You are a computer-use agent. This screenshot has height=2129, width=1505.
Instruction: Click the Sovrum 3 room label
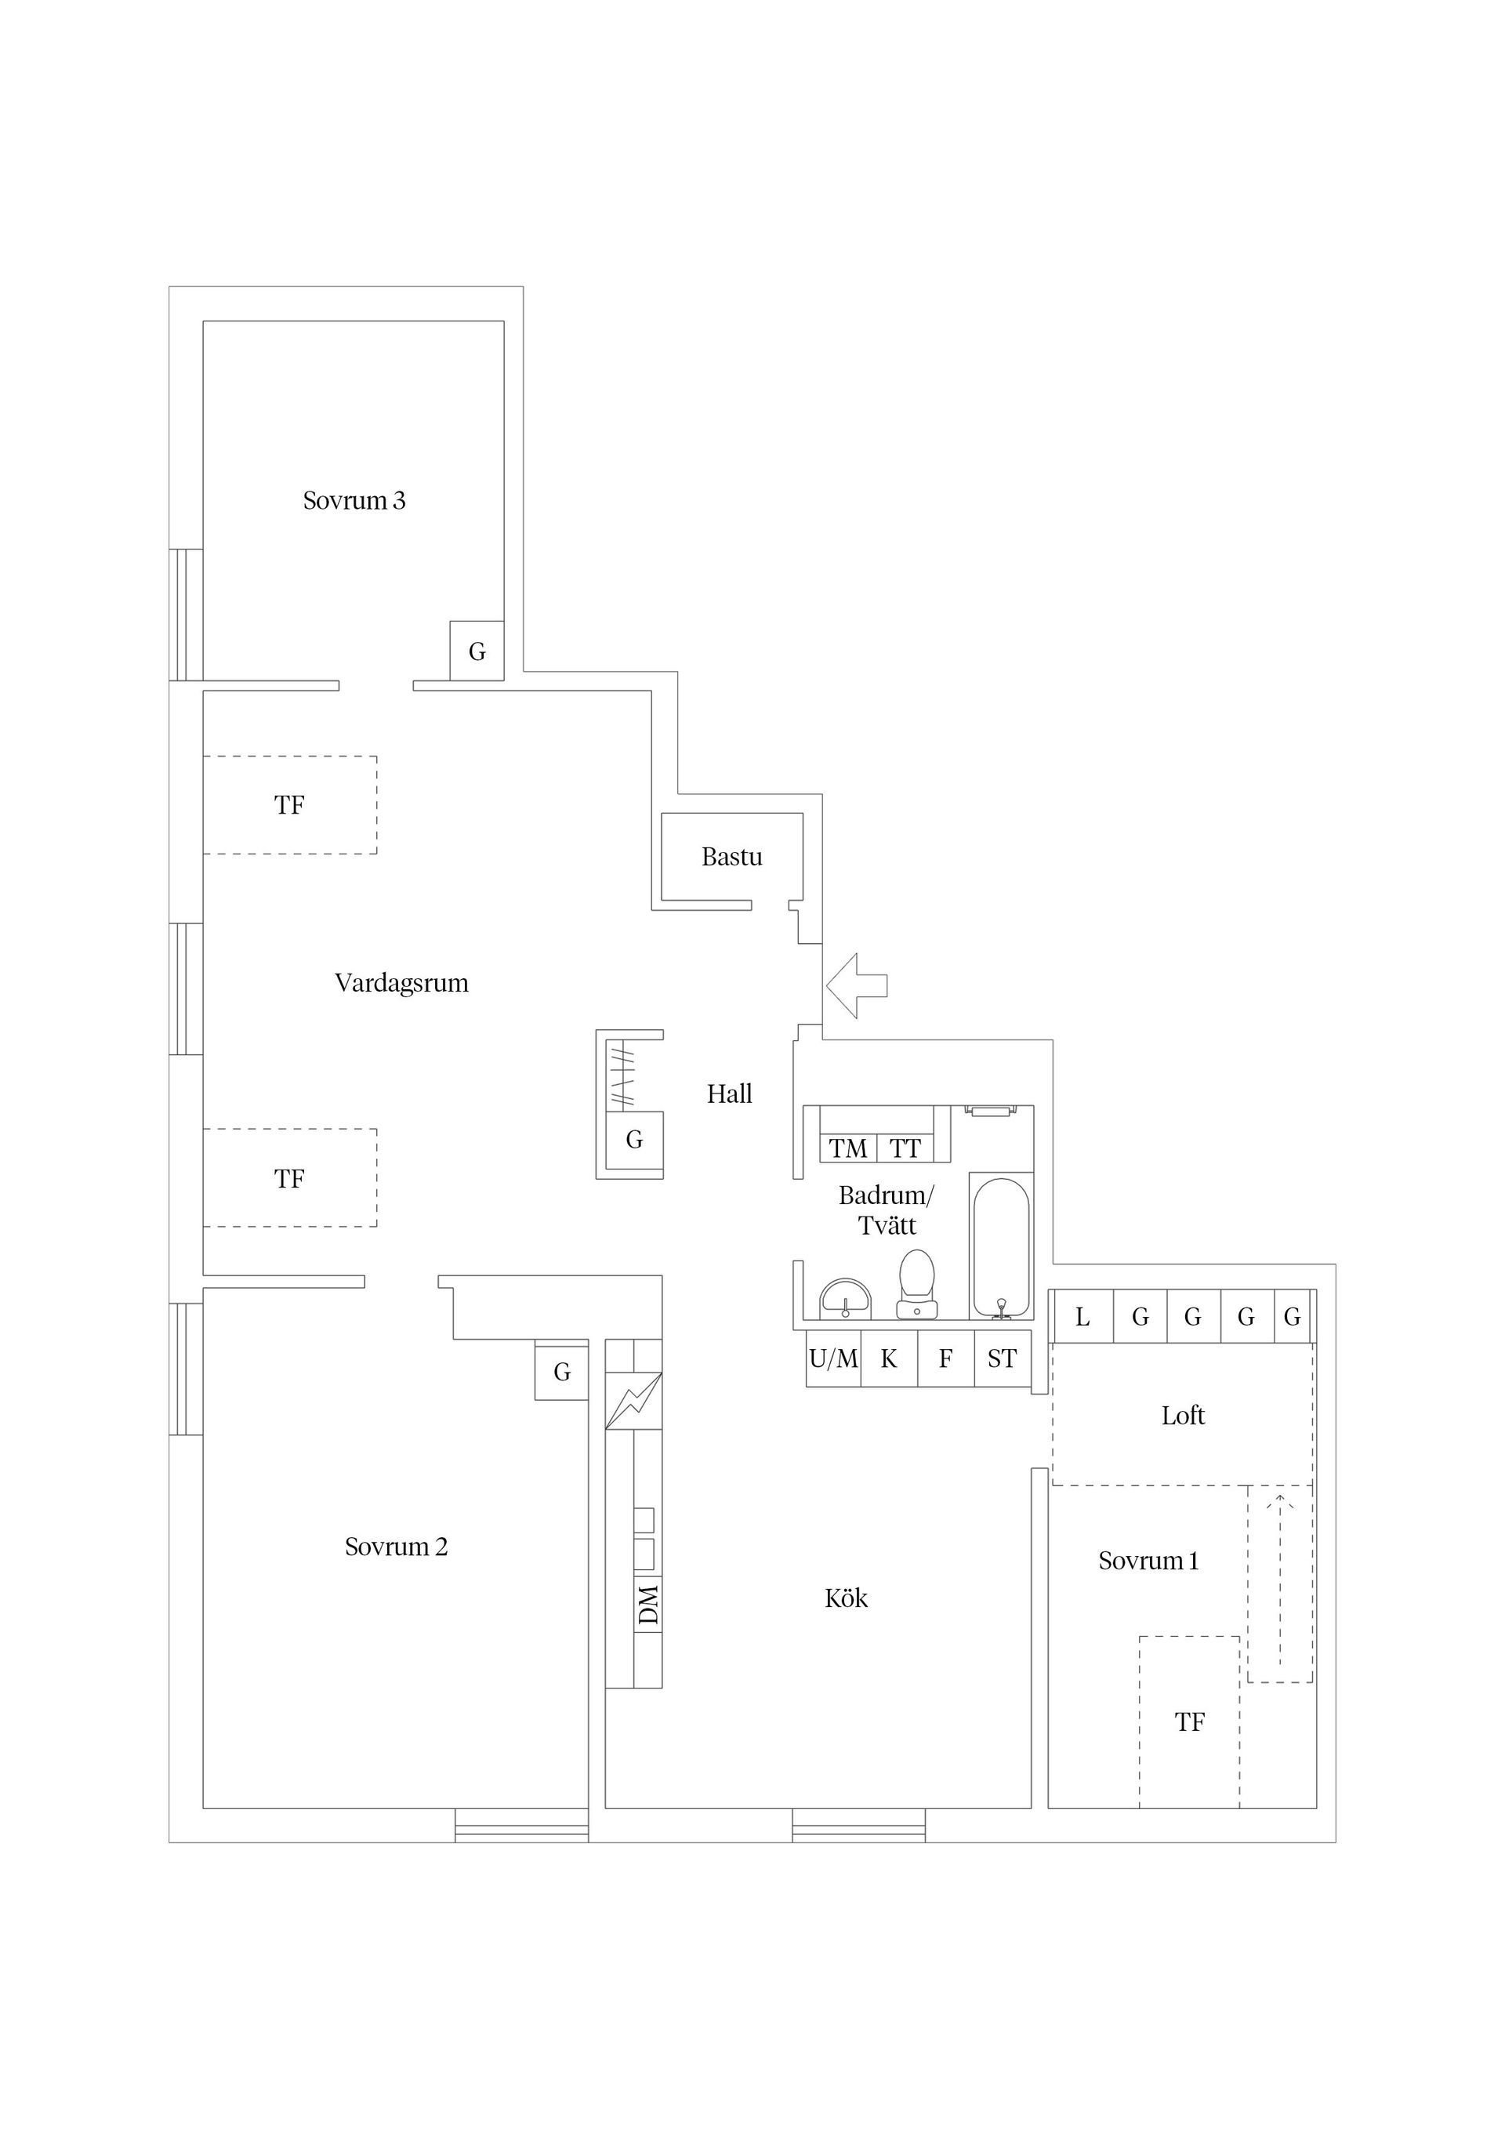click(x=354, y=501)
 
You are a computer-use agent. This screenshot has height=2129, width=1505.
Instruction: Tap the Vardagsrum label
click(x=401, y=983)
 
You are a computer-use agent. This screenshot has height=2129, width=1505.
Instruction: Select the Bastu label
click(x=731, y=857)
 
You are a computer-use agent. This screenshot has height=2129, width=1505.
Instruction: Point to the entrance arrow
click(x=856, y=985)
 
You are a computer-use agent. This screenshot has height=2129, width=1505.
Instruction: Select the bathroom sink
click(x=845, y=1298)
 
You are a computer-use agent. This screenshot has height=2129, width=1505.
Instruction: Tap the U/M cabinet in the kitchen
click(x=834, y=1359)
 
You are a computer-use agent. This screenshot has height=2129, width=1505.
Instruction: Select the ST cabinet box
click(x=1003, y=1359)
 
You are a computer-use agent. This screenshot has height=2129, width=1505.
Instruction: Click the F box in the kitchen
click(x=946, y=1359)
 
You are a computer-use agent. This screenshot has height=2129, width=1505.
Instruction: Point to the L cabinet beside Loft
click(x=1083, y=1317)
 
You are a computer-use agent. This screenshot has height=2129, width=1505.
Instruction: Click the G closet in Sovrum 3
click(x=477, y=652)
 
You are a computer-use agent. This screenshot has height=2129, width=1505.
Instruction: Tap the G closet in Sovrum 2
click(x=562, y=1373)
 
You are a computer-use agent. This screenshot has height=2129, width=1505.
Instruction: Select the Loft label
click(x=1184, y=1416)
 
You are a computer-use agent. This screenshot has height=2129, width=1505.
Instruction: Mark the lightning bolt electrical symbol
click(x=633, y=1401)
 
